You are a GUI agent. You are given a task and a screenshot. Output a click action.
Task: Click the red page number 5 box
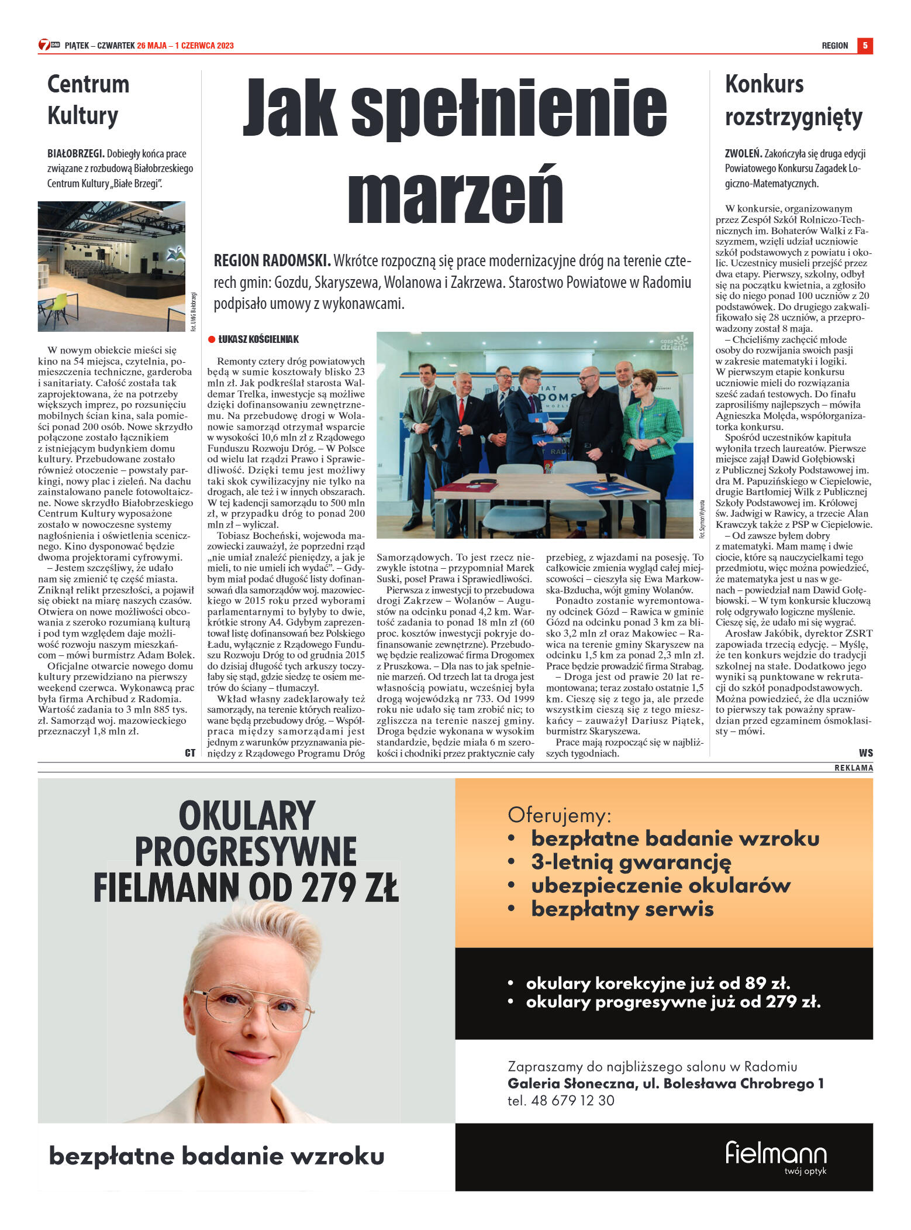865,46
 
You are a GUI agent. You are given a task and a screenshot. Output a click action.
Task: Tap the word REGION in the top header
834,46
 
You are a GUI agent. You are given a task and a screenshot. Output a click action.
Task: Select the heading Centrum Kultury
88,99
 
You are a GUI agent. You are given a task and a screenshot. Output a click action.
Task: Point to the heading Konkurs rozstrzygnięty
793,100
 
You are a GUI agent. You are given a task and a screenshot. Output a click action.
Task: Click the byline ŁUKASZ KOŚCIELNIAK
258,339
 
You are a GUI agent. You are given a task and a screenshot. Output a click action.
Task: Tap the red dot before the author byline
212,339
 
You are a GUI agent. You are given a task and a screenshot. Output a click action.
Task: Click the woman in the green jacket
650,427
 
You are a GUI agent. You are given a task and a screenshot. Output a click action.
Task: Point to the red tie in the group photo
461,410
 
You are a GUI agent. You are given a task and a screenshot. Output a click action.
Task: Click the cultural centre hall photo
112,266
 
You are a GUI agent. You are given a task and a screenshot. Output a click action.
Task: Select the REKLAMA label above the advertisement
853,768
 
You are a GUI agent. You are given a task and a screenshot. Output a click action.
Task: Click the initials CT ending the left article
189,753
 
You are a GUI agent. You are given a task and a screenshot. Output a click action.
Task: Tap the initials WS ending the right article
865,753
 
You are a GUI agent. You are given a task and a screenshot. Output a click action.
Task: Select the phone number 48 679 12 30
572,1100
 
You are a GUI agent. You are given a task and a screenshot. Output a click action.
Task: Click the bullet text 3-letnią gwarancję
631,862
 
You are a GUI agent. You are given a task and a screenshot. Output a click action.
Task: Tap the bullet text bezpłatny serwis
622,909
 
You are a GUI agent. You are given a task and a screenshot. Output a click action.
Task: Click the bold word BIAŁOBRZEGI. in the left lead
75,154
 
